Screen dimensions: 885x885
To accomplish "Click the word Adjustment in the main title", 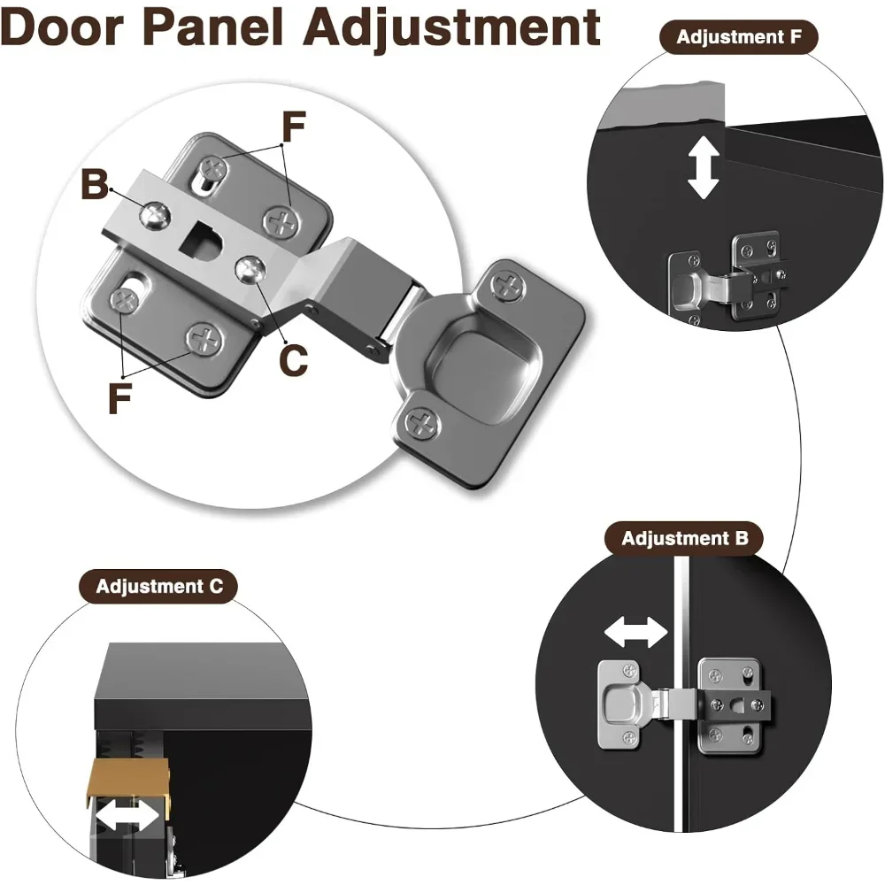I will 452,30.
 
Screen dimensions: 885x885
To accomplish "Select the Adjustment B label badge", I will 684,538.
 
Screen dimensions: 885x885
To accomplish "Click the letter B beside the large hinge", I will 94,187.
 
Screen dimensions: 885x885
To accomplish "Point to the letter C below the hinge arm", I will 294,359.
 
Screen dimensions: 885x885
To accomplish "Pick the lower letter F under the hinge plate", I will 119,398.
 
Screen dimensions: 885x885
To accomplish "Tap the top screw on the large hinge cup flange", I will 508,285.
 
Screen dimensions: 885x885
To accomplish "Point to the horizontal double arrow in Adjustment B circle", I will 635,632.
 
